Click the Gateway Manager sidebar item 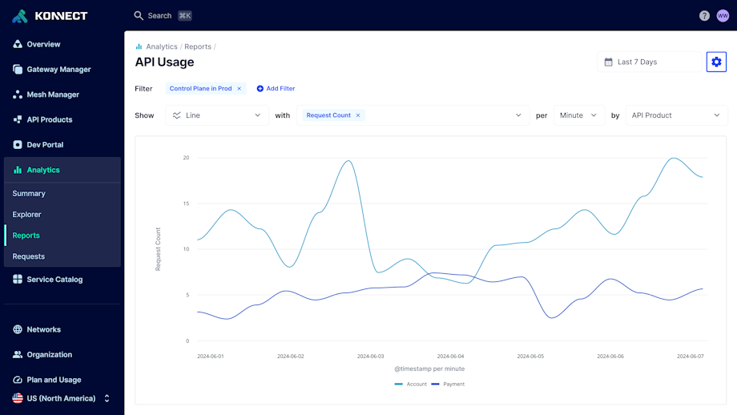(x=58, y=70)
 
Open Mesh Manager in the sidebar (x=52, y=95)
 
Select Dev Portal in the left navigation (x=44, y=145)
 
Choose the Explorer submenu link (x=26, y=215)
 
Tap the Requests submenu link (x=28, y=256)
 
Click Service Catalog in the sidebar (x=54, y=280)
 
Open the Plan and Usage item (x=53, y=380)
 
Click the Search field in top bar (x=159, y=16)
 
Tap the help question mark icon (x=704, y=16)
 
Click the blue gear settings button (x=716, y=62)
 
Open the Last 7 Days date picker (x=649, y=62)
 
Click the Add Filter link (x=276, y=89)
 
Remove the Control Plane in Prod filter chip (x=239, y=89)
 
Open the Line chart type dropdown (x=217, y=115)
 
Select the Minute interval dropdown (x=578, y=115)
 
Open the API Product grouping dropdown (x=675, y=115)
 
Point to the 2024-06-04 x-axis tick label (x=450, y=357)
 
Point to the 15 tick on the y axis (x=186, y=203)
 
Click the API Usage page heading (x=164, y=62)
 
